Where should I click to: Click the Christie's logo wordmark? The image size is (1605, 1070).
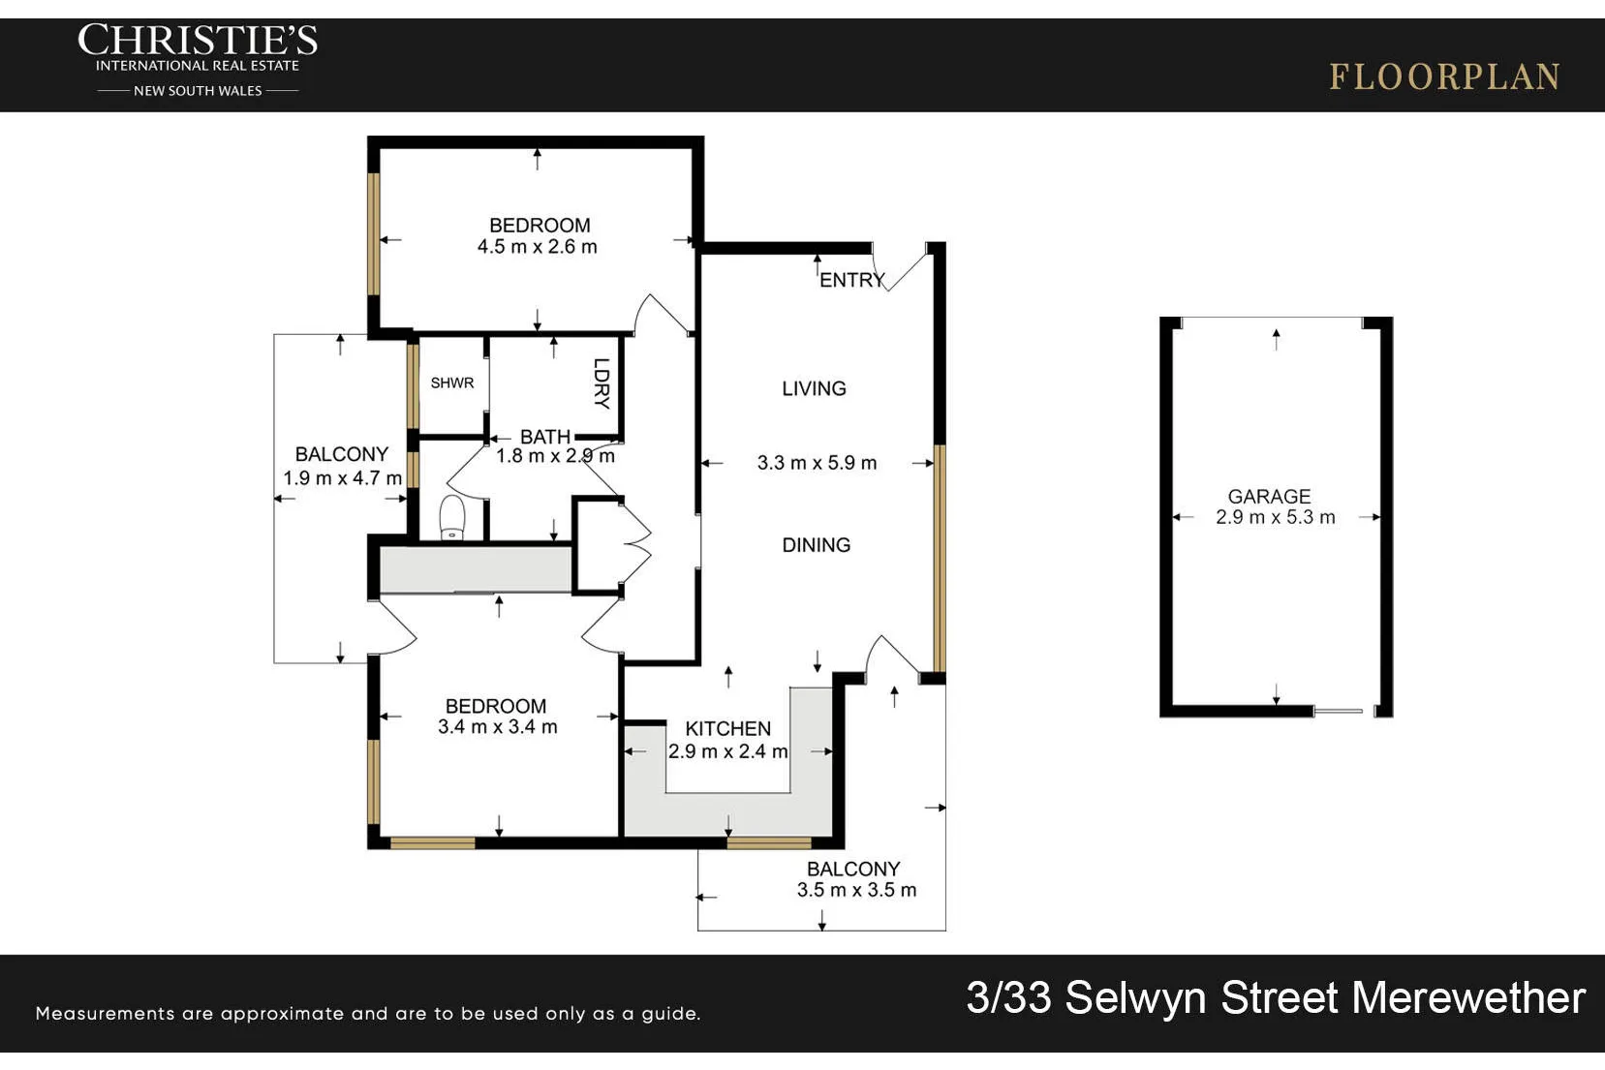(197, 40)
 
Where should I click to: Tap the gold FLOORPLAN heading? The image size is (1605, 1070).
(1444, 77)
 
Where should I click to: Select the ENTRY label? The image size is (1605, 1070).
(852, 280)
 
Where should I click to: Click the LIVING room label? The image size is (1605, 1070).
(814, 389)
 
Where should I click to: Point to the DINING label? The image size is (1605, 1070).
(817, 545)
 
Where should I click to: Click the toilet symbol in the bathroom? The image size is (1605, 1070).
(452, 517)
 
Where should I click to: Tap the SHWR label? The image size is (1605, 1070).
(452, 383)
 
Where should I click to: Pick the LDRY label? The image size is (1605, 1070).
(602, 383)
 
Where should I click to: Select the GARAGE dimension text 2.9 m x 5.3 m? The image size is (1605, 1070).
(1276, 517)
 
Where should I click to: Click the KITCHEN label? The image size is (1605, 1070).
(728, 728)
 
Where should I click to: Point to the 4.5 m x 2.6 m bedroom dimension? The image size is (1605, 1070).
(538, 246)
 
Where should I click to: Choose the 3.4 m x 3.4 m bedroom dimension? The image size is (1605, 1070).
(497, 727)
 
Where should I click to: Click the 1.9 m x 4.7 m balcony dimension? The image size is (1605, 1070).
(343, 477)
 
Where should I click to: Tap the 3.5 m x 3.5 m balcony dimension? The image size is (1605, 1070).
(857, 890)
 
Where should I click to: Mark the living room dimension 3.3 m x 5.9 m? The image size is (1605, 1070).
(817, 463)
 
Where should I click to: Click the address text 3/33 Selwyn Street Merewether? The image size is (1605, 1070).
(1276, 997)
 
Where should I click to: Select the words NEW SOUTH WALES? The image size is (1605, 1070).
(198, 91)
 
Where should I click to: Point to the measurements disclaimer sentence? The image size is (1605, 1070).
(368, 1014)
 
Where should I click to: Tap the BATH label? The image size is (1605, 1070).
(545, 437)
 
